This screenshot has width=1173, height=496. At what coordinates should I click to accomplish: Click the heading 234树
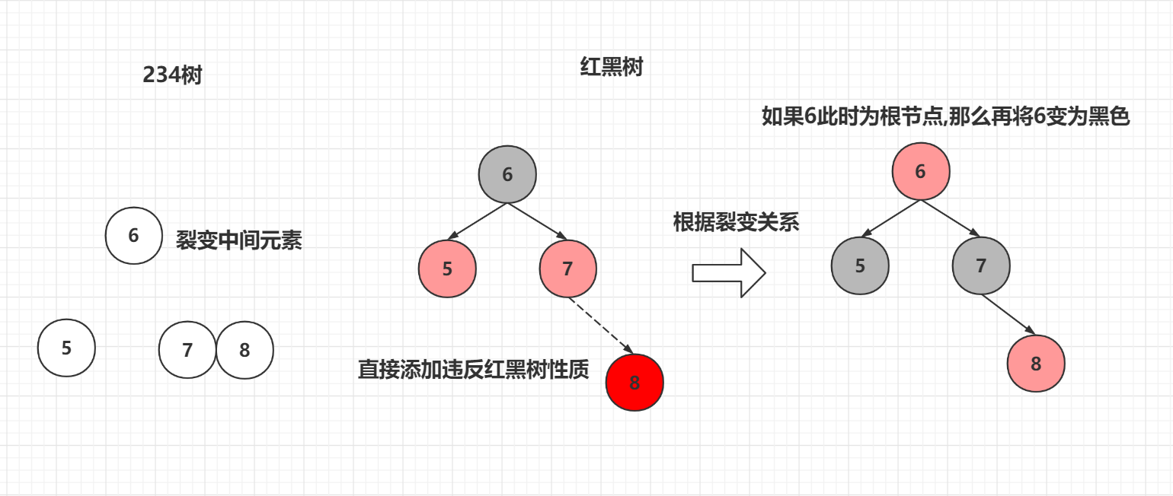[x=172, y=75]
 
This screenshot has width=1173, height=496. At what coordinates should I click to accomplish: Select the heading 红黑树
[x=612, y=67]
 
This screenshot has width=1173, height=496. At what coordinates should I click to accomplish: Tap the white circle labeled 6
[x=134, y=236]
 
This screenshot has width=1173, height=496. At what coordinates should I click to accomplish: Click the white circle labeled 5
[x=67, y=348]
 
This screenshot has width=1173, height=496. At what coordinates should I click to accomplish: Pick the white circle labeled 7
[x=187, y=350]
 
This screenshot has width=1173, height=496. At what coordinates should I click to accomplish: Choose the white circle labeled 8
[x=245, y=350]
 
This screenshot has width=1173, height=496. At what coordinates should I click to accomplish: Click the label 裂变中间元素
[x=239, y=240]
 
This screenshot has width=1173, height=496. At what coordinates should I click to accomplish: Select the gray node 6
[x=508, y=174]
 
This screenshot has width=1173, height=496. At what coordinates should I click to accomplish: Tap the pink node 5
[x=447, y=269]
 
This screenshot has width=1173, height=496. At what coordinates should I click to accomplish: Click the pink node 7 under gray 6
[x=568, y=269]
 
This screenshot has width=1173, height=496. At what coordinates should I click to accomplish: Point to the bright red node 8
[x=635, y=383]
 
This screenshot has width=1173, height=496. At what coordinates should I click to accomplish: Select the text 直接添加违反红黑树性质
[x=474, y=370]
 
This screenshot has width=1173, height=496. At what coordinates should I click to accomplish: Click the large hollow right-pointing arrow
[x=728, y=273]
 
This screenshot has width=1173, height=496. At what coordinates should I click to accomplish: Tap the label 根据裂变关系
[x=736, y=222]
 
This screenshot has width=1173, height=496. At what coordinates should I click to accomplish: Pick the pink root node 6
[x=921, y=171]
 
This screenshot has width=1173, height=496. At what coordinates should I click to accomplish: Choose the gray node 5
[x=861, y=265]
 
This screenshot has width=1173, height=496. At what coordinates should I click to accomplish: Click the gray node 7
[x=981, y=265]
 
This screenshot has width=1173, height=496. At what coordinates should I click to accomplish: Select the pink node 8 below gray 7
[x=1036, y=364]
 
